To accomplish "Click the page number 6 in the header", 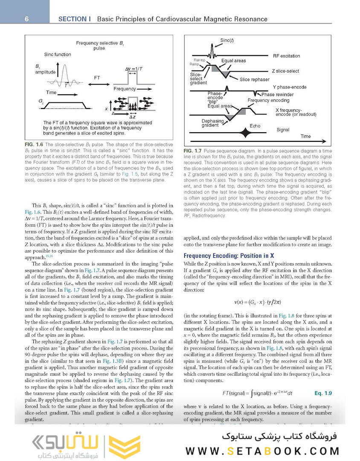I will coord(26,19).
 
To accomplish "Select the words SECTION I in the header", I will coord(75,19).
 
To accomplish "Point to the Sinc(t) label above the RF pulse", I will coord(227,41).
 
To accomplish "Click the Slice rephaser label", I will coord(254,79).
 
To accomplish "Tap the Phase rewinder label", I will coord(277,94).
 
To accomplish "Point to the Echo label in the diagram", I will coord(255,126).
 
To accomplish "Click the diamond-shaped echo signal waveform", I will coord(244,133).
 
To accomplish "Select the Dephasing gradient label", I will coord(212,123).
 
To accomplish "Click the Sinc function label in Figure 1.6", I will coord(58,55).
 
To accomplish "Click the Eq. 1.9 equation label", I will coord(323,392).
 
